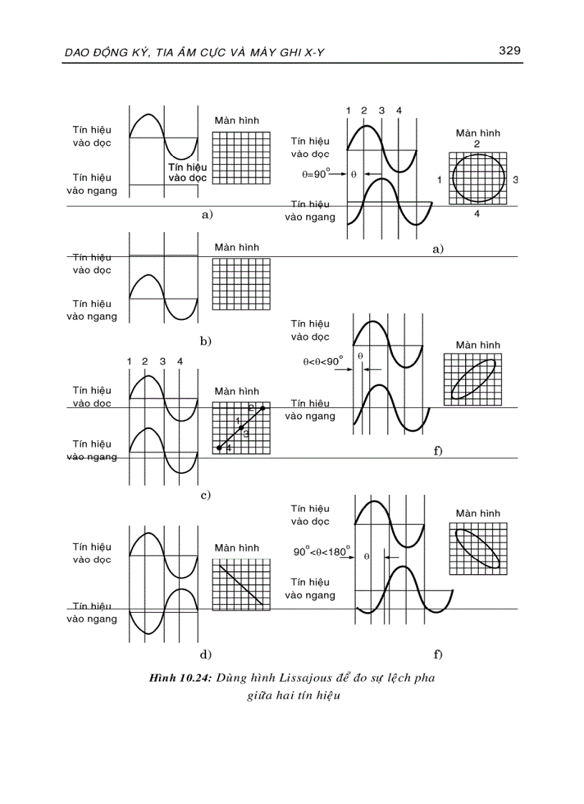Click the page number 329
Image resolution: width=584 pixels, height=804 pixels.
[x=508, y=50]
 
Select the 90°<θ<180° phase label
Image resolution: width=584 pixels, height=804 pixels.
[x=321, y=552]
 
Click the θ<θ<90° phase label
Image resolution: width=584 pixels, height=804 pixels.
[x=323, y=362]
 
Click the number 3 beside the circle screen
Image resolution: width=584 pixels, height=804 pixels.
[x=515, y=179]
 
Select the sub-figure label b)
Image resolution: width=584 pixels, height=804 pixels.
[x=206, y=342]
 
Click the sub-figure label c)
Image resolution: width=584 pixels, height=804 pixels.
[x=205, y=495]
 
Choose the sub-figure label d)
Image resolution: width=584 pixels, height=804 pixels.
[x=206, y=654]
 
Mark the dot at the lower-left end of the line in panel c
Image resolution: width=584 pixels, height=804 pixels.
[x=220, y=447]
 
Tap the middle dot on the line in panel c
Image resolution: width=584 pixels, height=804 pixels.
[x=241, y=427]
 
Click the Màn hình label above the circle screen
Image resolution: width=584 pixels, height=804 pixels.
[x=478, y=133]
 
